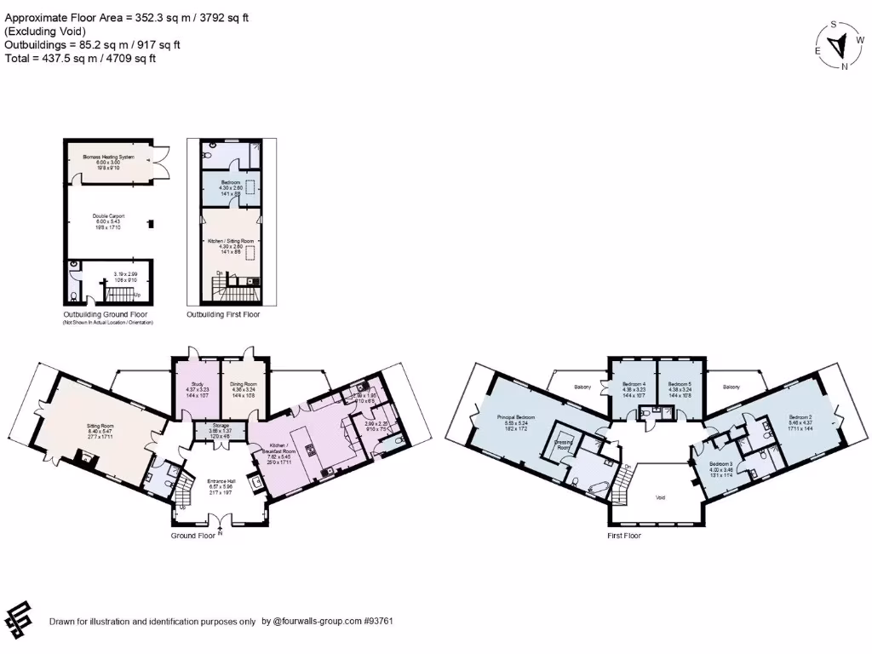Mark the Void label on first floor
(x=659, y=497)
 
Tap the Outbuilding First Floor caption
(x=223, y=314)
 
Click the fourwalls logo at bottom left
(x=19, y=619)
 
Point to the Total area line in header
(x=81, y=58)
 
